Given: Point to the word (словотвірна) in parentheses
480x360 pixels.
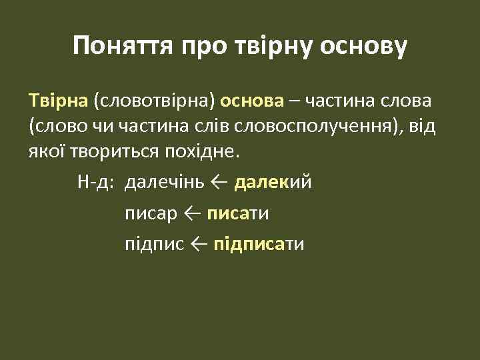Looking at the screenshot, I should coord(155,101).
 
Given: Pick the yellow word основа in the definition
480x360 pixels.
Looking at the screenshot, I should coord(252,101).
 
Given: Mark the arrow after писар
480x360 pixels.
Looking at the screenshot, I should coord(191,213).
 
